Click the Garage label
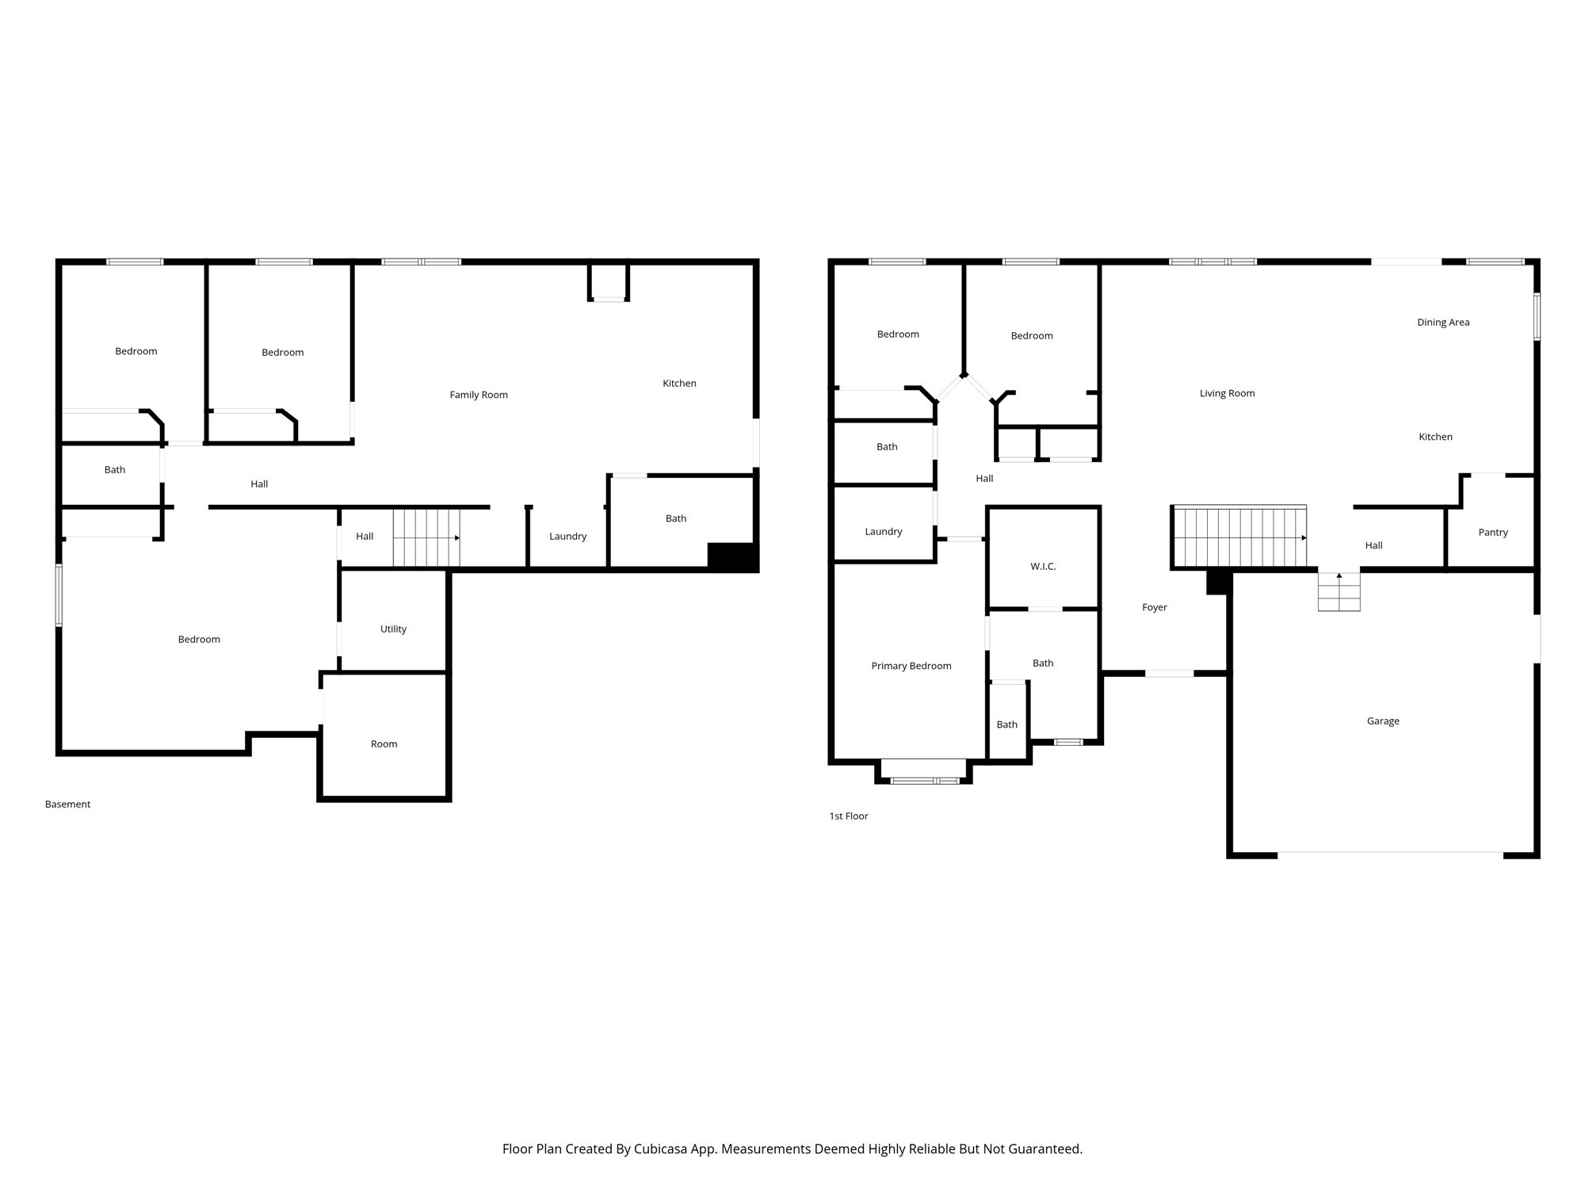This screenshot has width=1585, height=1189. pyautogui.click(x=1383, y=721)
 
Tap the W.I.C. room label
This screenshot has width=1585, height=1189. pyautogui.click(x=1043, y=566)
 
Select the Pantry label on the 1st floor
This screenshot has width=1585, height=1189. pyautogui.click(x=1493, y=532)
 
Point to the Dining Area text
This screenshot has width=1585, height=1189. pyautogui.click(x=1443, y=322)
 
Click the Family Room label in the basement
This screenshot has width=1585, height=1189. pyautogui.click(x=479, y=395)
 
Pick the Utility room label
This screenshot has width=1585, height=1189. pyautogui.click(x=393, y=629)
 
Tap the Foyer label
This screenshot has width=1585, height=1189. pyautogui.click(x=1155, y=607)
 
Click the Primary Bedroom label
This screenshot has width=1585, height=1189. pyautogui.click(x=911, y=666)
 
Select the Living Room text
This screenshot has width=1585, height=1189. pyautogui.click(x=1227, y=393)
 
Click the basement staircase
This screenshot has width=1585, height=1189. pyautogui.click(x=426, y=537)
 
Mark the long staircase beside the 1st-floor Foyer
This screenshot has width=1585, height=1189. pyautogui.click(x=1239, y=537)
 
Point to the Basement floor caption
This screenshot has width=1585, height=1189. pyautogui.click(x=67, y=804)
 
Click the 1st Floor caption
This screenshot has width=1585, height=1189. pyautogui.click(x=849, y=816)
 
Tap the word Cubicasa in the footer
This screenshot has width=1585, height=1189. pyautogui.click(x=661, y=1149)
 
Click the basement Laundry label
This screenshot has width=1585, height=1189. pyautogui.click(x=568, y=536)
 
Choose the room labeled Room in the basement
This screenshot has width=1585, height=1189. pyautogui.click(x=384, y=744)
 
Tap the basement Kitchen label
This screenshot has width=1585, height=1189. pyautogui.click(x=679, y=383)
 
